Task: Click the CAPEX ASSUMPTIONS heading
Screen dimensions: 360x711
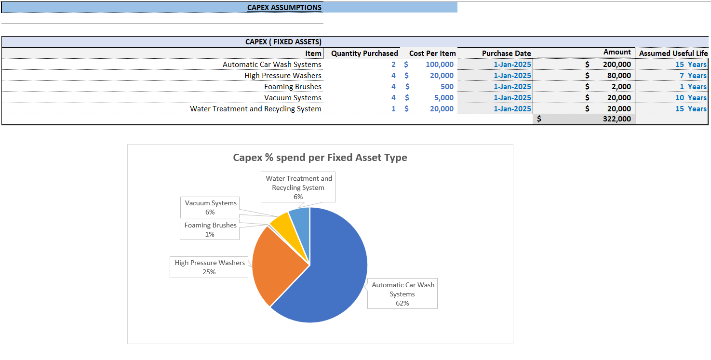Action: [x=284, y=7]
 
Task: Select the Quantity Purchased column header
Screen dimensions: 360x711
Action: [x=364, y=53]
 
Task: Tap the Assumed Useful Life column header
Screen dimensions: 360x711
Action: [x=673, y=53]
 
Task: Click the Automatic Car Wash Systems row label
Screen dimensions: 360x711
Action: [x=272, y=65]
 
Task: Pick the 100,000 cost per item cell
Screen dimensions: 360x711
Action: [x=439, y=65]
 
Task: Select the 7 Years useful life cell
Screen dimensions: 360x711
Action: [x=693, y=76]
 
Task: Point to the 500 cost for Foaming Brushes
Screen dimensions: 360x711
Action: [x=446, y=87]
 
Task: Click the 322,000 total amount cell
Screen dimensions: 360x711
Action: [x=617, y=119]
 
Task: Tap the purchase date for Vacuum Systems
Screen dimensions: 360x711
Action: [x=512, y=98]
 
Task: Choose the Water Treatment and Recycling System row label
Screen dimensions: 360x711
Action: [x=255, y=109]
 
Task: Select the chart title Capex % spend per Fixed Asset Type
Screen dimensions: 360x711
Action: [x=320, y=158]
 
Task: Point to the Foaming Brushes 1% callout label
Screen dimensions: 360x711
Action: [x=210, y=229]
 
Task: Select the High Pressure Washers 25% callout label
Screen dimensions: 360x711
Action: [x=210, y=267]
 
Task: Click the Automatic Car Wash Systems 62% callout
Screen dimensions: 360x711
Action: [x=402, y=294]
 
